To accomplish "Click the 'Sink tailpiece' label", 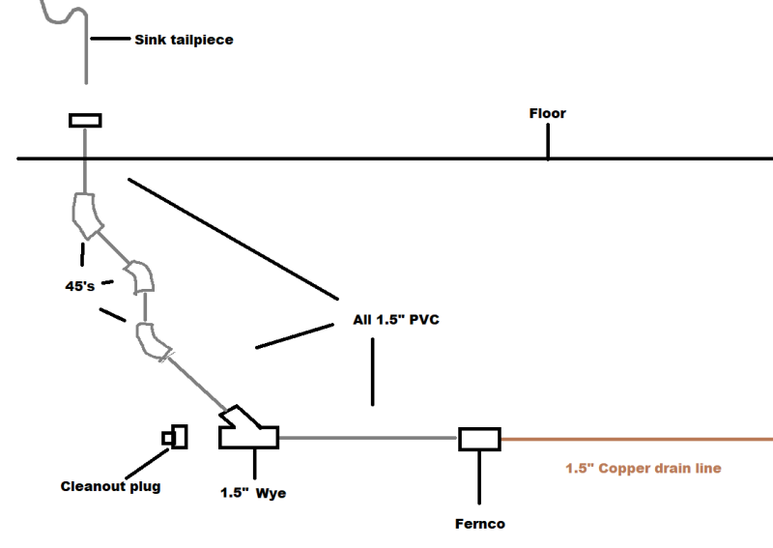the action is pos(184,40).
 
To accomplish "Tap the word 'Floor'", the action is pos(548,113).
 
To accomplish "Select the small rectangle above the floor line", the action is pos(85,121).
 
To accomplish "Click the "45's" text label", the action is pos(80,286).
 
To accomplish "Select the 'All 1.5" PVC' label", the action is pos(396,320).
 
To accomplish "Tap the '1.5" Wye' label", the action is pos(253,493).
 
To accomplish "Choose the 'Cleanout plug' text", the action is pos(110,486).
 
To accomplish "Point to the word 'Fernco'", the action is pos(480,524).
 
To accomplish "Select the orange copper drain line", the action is pos(637,439).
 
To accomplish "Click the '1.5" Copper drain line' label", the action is pos(644,468).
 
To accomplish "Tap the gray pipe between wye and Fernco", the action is pos(368,438).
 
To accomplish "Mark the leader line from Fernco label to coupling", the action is pos(479,477).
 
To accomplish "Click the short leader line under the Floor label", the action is pos(548,141).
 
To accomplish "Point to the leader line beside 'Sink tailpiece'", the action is pos(110,38).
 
